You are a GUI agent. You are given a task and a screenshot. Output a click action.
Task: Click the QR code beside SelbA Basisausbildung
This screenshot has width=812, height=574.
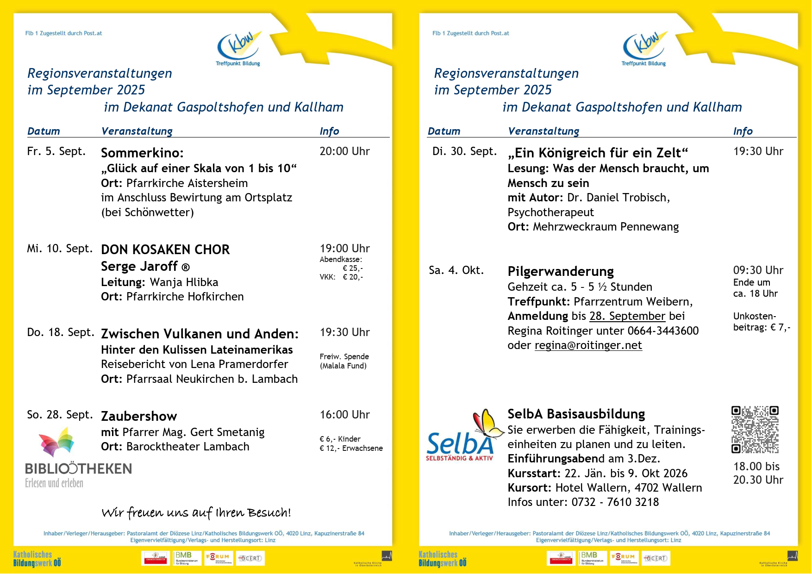(x=755, y=430)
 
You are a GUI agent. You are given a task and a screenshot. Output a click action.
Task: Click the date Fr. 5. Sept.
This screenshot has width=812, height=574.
(x=56, y=151)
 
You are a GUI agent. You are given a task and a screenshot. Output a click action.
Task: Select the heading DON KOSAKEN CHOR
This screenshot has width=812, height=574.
(x=165, y=250)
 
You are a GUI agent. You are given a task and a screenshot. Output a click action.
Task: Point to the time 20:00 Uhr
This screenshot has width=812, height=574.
(x=344, y=151)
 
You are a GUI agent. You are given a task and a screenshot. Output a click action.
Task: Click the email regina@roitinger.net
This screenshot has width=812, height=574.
(x=588, y=345)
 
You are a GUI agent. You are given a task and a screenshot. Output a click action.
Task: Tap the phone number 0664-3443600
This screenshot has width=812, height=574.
(x=663, y=331)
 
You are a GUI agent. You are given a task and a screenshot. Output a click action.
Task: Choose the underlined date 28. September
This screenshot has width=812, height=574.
(x=627, y=316)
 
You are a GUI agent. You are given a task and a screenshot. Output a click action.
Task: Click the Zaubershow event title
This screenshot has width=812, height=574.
(x=139, y=416)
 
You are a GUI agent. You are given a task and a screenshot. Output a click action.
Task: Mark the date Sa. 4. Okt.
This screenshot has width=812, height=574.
(x=456, y=270)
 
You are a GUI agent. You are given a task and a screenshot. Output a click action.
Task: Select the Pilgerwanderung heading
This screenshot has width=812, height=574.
(x=561, y=271)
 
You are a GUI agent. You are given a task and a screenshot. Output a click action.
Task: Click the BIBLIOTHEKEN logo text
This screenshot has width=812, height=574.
(x=78, y=468)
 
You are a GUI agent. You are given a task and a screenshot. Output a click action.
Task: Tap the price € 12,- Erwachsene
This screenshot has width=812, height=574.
(x=351, y=448)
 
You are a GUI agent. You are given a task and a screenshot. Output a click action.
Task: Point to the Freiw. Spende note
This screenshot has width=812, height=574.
(x=344, y=356)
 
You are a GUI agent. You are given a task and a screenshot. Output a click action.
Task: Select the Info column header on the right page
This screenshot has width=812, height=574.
(x=743, y=131)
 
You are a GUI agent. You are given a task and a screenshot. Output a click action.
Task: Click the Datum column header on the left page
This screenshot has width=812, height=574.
(x=44, y=131)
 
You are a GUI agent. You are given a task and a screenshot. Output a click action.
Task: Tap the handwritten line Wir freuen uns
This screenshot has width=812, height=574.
(x=196, y=512)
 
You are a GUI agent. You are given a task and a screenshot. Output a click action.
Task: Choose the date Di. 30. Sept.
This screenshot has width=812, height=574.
(x=464, y=151)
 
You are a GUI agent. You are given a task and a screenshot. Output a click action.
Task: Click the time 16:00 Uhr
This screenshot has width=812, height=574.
(x=344, y=415)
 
